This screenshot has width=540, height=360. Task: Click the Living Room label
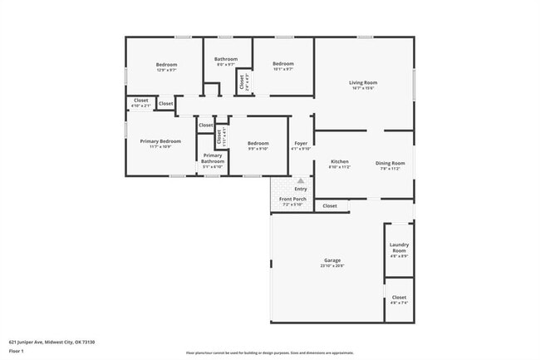(362, 82)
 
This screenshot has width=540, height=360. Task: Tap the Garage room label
(332, 260)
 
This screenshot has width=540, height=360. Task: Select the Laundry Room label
(399, 247)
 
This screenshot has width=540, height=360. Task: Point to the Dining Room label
(390, 163)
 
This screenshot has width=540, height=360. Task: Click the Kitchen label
(340, 161)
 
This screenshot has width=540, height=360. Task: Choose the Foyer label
(300, 144)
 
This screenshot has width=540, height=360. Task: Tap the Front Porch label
(292, 200)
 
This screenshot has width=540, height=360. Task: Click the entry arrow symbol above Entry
(301, 180)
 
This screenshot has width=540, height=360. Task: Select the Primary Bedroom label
(160, 141)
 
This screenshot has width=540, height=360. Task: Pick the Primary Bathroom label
(213, 158)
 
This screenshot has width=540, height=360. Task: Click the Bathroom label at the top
(226, 58)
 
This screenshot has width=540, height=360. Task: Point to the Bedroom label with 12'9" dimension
(167, 64)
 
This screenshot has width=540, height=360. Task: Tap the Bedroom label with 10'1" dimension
(283, 64)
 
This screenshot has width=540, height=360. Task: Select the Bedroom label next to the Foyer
(258, 143)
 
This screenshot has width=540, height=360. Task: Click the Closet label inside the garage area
(399, 297)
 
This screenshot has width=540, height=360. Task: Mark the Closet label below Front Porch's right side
(330, 205)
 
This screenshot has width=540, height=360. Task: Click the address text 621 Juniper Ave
(52, 341)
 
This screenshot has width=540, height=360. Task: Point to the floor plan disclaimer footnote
(269, 353)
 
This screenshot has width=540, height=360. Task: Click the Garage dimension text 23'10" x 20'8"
(332, 266)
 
